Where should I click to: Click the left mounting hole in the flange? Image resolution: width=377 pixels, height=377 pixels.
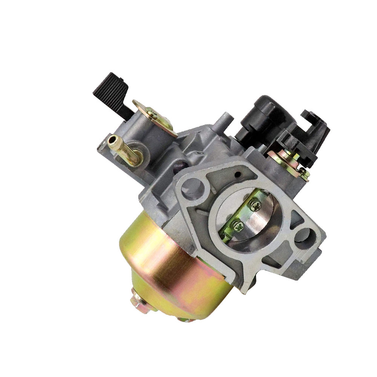coord(193,187)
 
